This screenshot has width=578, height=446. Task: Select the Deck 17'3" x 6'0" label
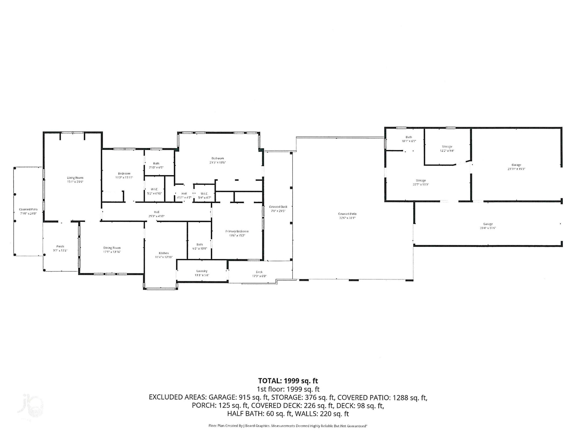[x=259, y=274]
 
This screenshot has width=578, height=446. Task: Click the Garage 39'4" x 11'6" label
[x=488, y=226]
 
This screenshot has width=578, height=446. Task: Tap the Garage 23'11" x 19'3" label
[x=516, y=167]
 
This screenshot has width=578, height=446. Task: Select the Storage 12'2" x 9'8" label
[x=447, y=148]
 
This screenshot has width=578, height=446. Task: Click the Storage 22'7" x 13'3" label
[x=421, y=182]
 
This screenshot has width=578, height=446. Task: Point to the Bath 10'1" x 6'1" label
[x=409, y=139]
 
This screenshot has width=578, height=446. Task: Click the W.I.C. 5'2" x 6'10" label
[x=154, y=191]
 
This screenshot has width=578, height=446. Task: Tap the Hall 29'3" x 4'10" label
[x=156, y=214]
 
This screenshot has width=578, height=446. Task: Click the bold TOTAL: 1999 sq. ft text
[x=288, y=381]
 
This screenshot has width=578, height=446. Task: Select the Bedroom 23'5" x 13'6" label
[x=217, y=160]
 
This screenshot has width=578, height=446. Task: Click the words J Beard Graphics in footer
[x=257, y=426]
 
